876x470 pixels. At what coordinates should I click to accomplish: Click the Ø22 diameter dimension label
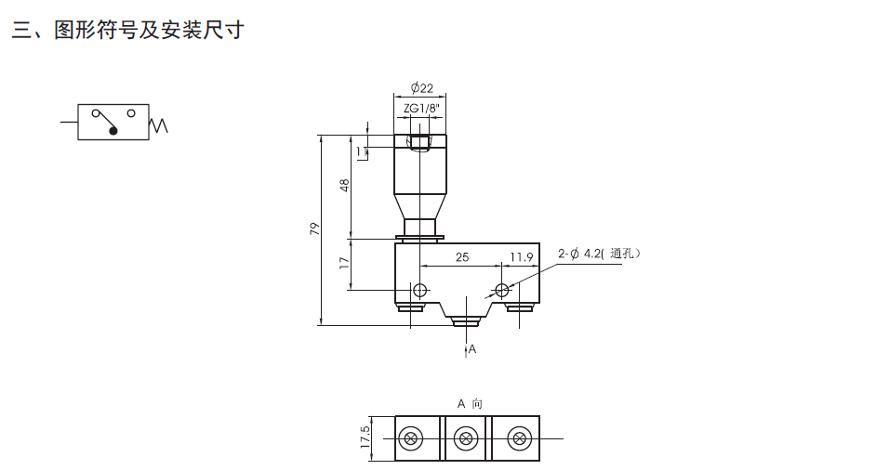pyautogui.click(x=421, y=88)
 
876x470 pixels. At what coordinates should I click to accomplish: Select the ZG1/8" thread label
pyautogui.click(x=421, y=108)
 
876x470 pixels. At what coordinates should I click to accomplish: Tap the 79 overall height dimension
pyautogui.click(x=315, y=228)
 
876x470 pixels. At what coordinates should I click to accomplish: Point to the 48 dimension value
pyautogui.click(x=345, y=186)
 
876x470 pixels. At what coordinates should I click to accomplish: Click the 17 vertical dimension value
pyautogui.click(x=345, y=264)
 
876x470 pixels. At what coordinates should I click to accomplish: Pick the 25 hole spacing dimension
pyautogui.click(x=461, y=257)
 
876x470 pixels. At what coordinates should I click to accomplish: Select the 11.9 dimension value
pyautogui.click(x=521, y=257)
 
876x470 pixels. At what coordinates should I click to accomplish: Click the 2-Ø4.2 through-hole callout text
pyautogui.click(x=598, y=253)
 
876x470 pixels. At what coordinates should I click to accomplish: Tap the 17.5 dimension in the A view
pyautogui.click(x=365, y=437)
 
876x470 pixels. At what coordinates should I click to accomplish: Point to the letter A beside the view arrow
pyautogui.click(x=472, y=349)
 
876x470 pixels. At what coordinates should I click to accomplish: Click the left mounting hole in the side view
pyautogui.click(x=420, y=288)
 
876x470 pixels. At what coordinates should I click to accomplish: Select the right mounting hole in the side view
pyautogui.click(x=503, y=288)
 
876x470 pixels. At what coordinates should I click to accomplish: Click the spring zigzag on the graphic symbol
pyautogui.click(x=159, y=124)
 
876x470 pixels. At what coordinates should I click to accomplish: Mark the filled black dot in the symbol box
pyautogui.click(x=114, y=131)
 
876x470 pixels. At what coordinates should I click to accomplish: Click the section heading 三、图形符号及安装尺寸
pyautogui.click(x=127, y=31)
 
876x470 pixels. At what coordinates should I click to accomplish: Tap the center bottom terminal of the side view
pyautogui.click(x=466, y=321)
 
